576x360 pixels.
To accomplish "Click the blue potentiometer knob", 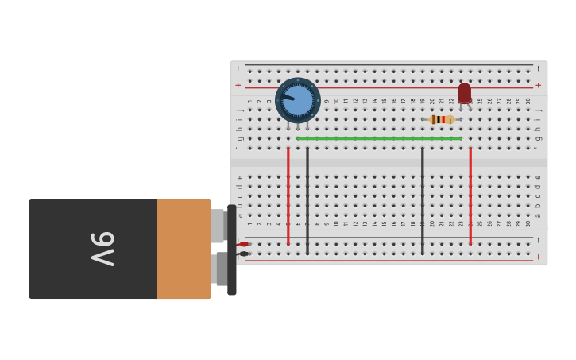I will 298,100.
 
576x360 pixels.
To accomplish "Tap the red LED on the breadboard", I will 464,93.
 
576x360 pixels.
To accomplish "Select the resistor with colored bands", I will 442,119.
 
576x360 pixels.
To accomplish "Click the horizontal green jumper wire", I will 379,138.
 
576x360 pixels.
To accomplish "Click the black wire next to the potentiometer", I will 307,199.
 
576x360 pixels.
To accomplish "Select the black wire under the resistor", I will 423,199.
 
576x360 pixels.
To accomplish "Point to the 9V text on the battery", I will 102,249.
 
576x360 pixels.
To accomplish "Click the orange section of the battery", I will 184,249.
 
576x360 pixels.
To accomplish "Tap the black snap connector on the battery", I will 231,250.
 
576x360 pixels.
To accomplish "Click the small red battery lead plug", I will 244,244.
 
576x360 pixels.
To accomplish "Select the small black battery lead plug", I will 244,254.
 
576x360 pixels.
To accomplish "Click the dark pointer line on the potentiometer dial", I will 287,97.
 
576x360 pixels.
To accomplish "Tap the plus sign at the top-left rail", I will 238,85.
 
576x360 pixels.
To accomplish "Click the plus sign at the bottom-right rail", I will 538,257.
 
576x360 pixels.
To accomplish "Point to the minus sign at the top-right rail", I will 538,68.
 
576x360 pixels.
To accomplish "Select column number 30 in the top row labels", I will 528,101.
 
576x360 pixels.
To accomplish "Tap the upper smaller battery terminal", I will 218,226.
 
